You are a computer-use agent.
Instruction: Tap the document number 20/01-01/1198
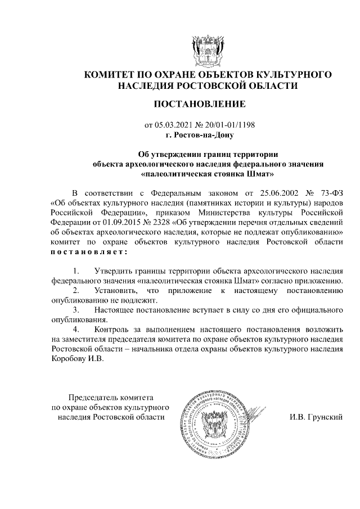(x=226, y=124)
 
